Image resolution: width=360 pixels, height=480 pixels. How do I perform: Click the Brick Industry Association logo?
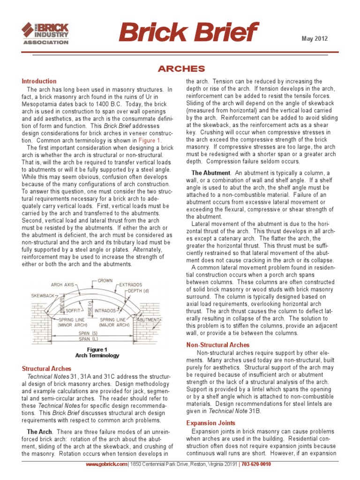tap(45, 32)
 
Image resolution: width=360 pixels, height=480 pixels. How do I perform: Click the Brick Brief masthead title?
tap(188, 33)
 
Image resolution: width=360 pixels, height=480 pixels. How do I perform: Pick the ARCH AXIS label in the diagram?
tap(63, 285)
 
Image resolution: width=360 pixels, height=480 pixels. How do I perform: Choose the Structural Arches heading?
tap(47, 369)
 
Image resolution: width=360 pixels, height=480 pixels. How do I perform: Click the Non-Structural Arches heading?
tap(217, 345)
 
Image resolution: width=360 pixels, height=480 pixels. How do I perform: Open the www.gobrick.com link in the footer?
tap(106, 464)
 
